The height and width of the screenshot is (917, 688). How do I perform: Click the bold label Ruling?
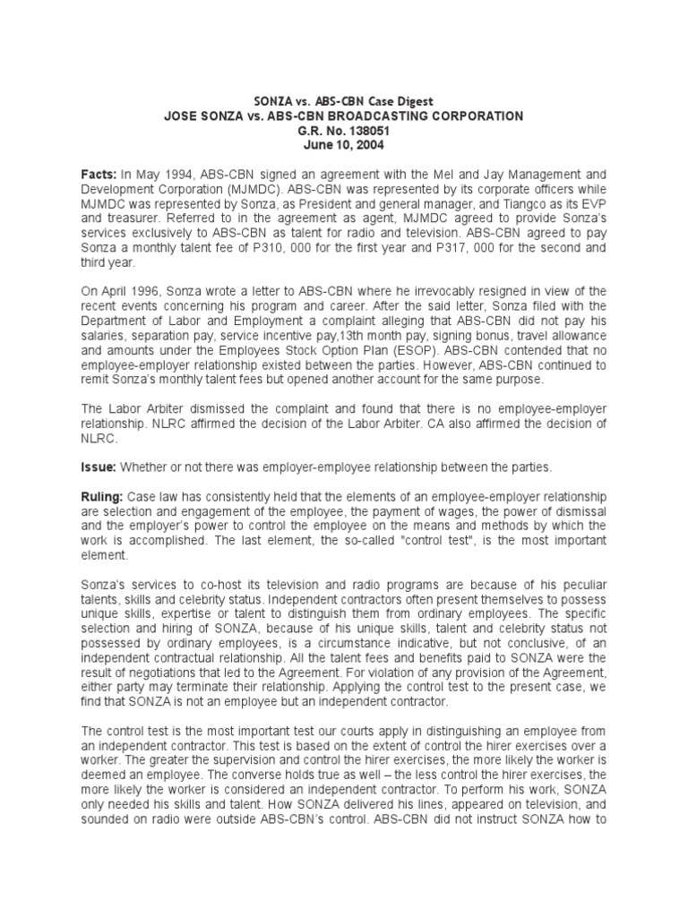[x=102, y=496]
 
